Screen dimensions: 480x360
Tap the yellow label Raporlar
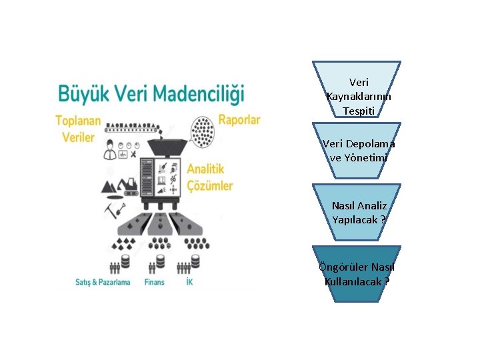coord(239,121)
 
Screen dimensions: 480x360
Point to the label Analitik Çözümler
coord(209,177)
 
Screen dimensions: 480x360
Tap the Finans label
coord(154,283)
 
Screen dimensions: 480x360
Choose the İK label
coord(191,283)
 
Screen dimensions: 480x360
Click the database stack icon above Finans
coord(160,262)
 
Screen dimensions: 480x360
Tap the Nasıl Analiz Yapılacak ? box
coord(357,213)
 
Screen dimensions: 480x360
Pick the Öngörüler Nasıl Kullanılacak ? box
coord(357,274)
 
